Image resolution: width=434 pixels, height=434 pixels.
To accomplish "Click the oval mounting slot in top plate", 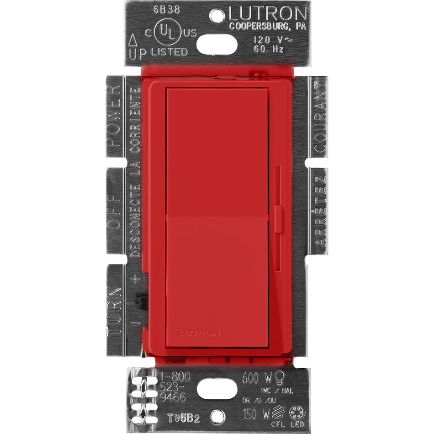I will click(x=217, y=44).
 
